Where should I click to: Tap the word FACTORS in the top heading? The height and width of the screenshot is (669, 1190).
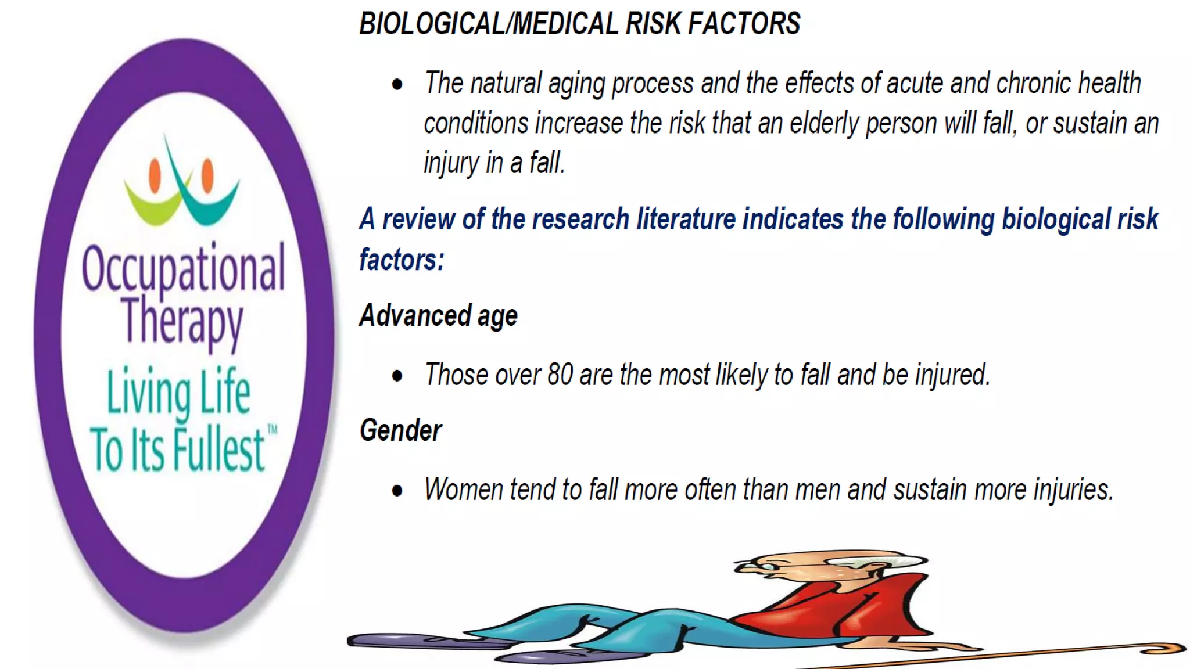pyautogui.click(x=744, y=24)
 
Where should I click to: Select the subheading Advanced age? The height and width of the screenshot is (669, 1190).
pyautogui.click(x=438, y=316)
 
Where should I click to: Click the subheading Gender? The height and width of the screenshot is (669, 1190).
pyautogui.click(x=400, y=431)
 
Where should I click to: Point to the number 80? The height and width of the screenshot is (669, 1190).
pyautogui.click(x=560, y=375)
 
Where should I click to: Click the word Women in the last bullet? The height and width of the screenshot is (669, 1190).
pyautogui.click(x=463, y=490)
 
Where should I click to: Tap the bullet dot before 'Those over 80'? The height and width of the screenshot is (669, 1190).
pyautogui.click(x=397, y=376)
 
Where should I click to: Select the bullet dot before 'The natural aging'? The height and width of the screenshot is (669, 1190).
pyautogui.click(x=397, y=85)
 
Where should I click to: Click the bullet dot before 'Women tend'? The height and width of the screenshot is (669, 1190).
pyautogui.click(x=397, y=491)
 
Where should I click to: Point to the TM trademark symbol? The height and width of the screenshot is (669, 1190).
pyautogui.click(x=272, y=430)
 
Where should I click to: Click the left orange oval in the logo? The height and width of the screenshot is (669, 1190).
pyautogui.click(x=155, y=176)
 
